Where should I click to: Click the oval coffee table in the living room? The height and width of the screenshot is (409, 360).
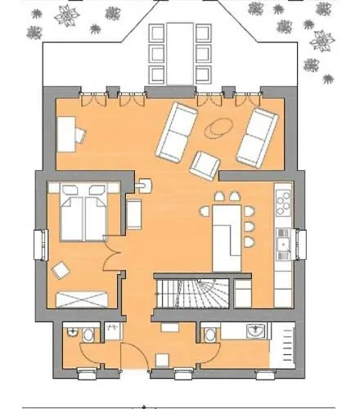tap(218, 128)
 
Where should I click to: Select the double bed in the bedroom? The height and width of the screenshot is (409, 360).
tap(83, 212)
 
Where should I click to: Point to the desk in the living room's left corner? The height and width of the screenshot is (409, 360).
tap(69, 132)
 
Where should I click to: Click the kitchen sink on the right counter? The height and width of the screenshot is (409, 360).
tap(284, 240)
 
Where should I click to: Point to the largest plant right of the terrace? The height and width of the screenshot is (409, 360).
tap(323, 39)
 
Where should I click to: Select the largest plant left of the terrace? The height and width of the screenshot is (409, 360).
tap(65, 14)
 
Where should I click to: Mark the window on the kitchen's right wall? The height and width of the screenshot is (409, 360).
tap(299, 243)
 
